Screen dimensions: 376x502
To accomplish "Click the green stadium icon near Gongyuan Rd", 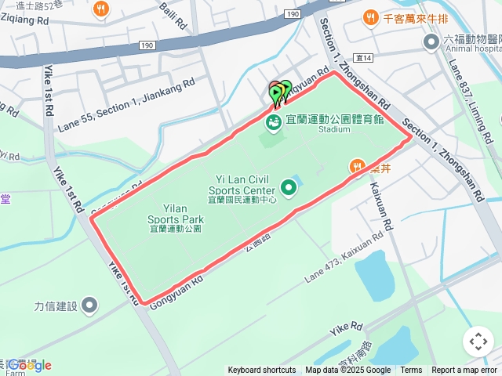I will [x=273, y=122].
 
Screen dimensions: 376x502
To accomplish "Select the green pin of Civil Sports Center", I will [x=289, y=188].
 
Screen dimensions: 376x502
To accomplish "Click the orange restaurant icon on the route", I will [x=357, y=166].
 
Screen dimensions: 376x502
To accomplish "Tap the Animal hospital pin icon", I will [x=431, y=42].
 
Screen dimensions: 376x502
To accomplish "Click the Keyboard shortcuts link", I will [x=262, y=371].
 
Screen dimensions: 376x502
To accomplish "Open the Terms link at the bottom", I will [x=411, y=371].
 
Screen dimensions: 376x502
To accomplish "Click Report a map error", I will [x=464, y=371].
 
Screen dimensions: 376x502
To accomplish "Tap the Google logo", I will [x=30, y=365].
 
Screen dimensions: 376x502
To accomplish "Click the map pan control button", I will [x=478, y=342].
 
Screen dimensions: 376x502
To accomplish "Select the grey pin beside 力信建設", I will [x=89, y=305].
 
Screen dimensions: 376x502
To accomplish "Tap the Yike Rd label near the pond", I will [x=346, y=327].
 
